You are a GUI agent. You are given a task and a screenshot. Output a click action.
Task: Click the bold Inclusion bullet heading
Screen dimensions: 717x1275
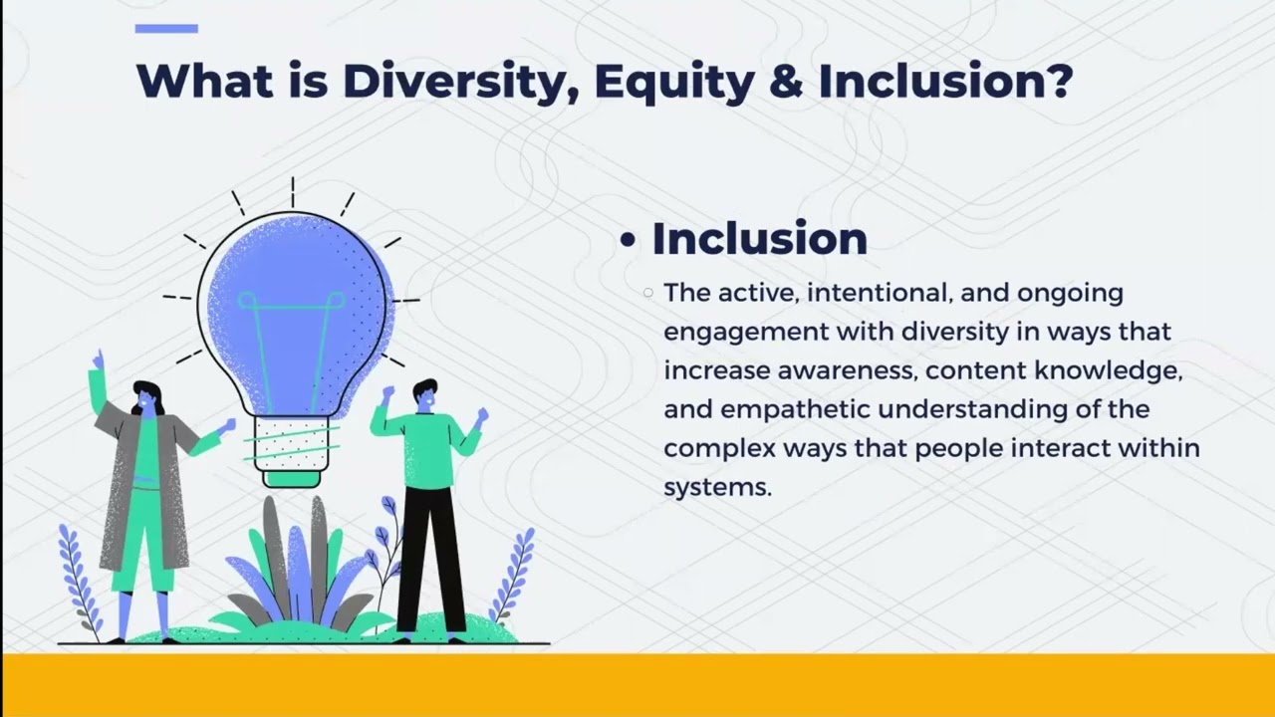tap(759, 239)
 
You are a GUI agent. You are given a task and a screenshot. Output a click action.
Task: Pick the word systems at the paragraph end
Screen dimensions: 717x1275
tap(717, 487)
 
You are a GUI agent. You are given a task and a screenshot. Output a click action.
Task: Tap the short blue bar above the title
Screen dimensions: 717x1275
tap(166, 29)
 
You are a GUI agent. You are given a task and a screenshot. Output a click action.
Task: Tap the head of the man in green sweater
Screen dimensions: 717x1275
tap(425, 395)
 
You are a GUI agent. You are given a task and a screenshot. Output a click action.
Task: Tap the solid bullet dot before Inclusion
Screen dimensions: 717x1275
tap(627, 242)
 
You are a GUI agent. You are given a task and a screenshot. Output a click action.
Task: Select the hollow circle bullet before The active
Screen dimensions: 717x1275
tap(648, 293)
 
